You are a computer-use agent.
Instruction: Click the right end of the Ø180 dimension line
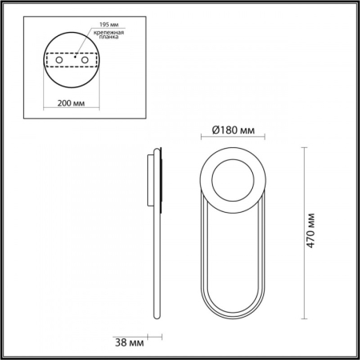point(266,139)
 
